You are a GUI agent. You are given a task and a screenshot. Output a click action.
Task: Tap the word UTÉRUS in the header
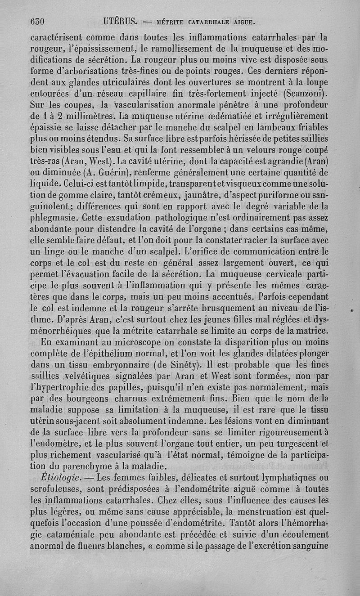[x=120, y=21]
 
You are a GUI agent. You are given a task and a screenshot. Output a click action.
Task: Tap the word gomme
[x=81, y=195]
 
